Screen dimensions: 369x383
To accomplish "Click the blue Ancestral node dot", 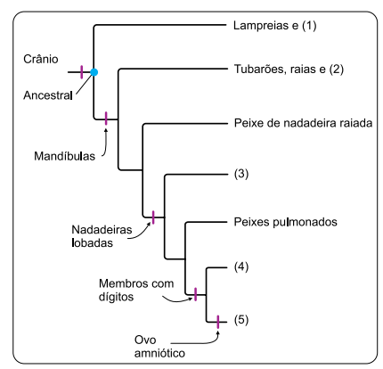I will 93,70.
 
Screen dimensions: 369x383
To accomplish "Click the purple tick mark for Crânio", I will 82,70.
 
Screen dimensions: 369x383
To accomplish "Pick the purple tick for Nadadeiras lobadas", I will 153,216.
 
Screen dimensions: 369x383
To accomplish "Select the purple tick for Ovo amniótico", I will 218,320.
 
